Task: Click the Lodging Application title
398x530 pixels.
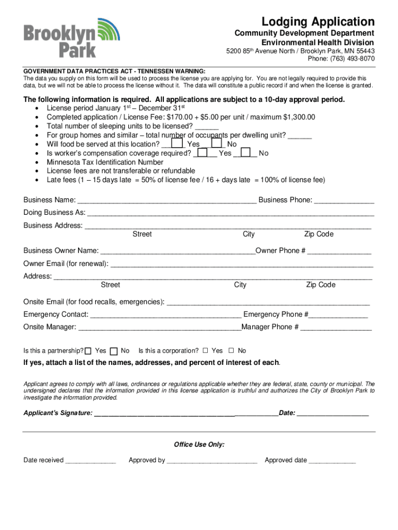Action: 317,22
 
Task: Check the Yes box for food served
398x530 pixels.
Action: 177,143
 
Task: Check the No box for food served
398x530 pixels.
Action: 217,143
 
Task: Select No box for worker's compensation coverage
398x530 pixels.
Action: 246,153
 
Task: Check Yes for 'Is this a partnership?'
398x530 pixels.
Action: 88,351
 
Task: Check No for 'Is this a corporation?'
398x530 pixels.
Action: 231,350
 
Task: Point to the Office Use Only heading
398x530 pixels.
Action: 199,445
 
